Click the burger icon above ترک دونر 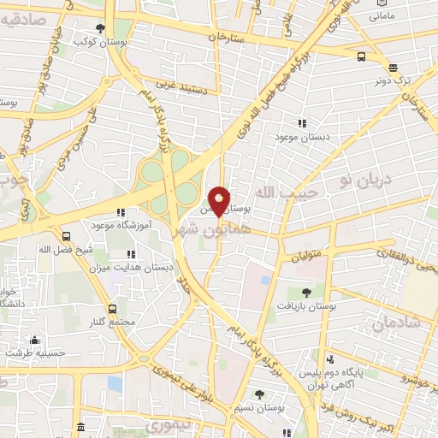pyautogui.click(x=392, y=68)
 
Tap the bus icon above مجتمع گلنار pyautogui.click(x=112, y=309)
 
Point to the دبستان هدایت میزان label pyautogui.click(x=133, y=267)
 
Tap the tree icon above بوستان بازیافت pyautogui.click(x=306, y=293)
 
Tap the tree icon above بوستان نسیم pyautogui.click(x=260, y=394)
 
